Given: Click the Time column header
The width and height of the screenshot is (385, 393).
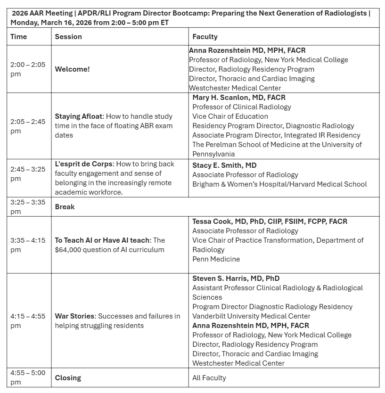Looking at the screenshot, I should tap(19, 36).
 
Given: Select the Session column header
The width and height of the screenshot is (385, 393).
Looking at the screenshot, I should tap(68, 36).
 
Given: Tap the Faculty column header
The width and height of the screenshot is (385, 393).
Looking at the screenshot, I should tap(205, 36).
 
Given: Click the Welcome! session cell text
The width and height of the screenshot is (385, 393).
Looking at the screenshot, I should tap(72, 69).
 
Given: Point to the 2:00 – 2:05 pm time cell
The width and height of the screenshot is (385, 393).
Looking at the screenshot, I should tap(28, 69).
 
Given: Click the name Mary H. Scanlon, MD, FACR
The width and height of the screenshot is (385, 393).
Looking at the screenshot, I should tap(239, 98).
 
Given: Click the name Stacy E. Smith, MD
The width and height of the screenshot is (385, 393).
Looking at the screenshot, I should tap(224, 165).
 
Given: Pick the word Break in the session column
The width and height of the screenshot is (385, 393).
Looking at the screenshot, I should tap(65, 207).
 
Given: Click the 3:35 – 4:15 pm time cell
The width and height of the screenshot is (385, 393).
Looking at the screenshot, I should tap(28, 245).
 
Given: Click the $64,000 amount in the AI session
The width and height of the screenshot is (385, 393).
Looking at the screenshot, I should tap(69, 250).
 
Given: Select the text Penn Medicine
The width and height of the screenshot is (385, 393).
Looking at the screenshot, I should tap(216, 259).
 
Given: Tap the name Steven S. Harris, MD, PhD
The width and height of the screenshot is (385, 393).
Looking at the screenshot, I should tap(236, 278).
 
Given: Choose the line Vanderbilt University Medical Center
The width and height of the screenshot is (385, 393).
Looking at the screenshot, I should tap(251, 316).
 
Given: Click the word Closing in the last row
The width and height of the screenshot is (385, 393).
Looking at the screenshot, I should tap(68, 378).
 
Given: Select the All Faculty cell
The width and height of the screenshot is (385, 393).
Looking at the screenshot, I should tap(209, 378).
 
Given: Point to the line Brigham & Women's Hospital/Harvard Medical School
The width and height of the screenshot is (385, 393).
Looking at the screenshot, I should tap(279, 184).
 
